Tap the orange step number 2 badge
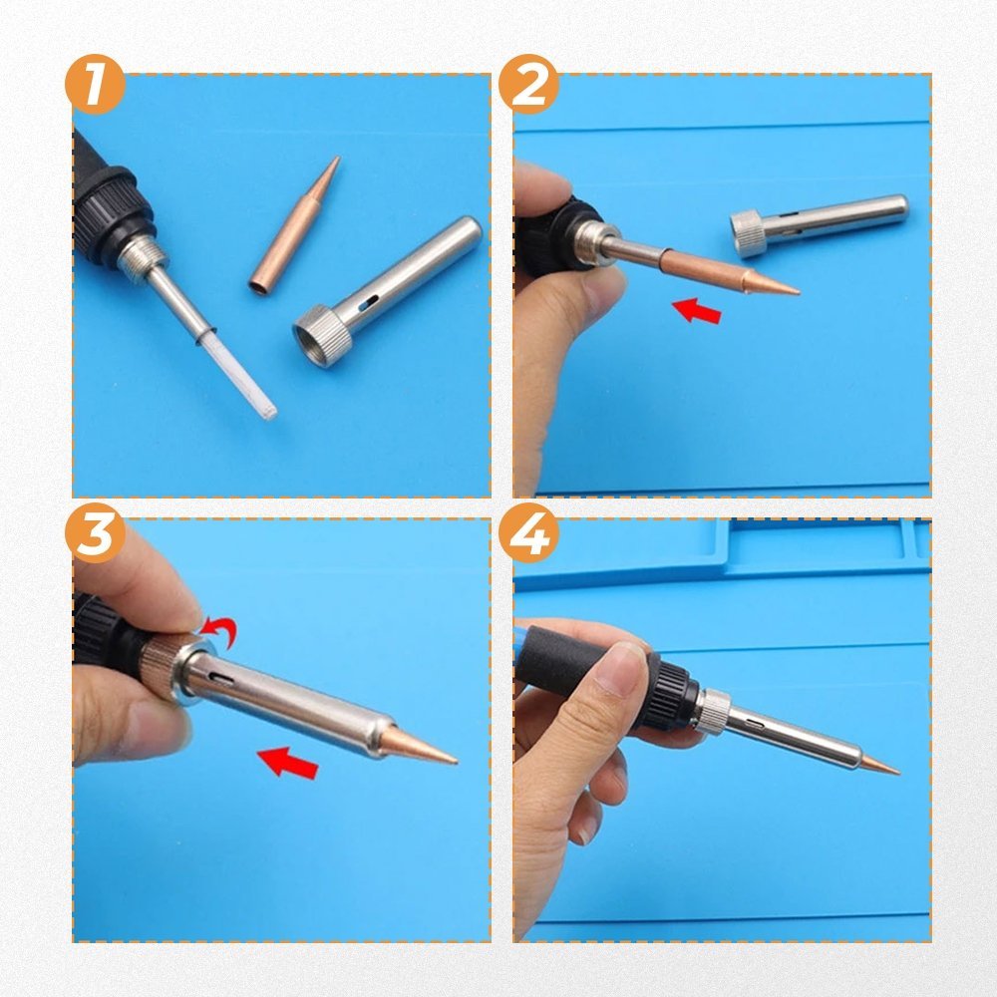(x=528, y=84)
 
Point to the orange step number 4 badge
(x=528, y=532)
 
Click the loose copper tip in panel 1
(x=294, y=226)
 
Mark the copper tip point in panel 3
(x=457, y=760)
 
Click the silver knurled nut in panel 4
(x=714, y=712)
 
